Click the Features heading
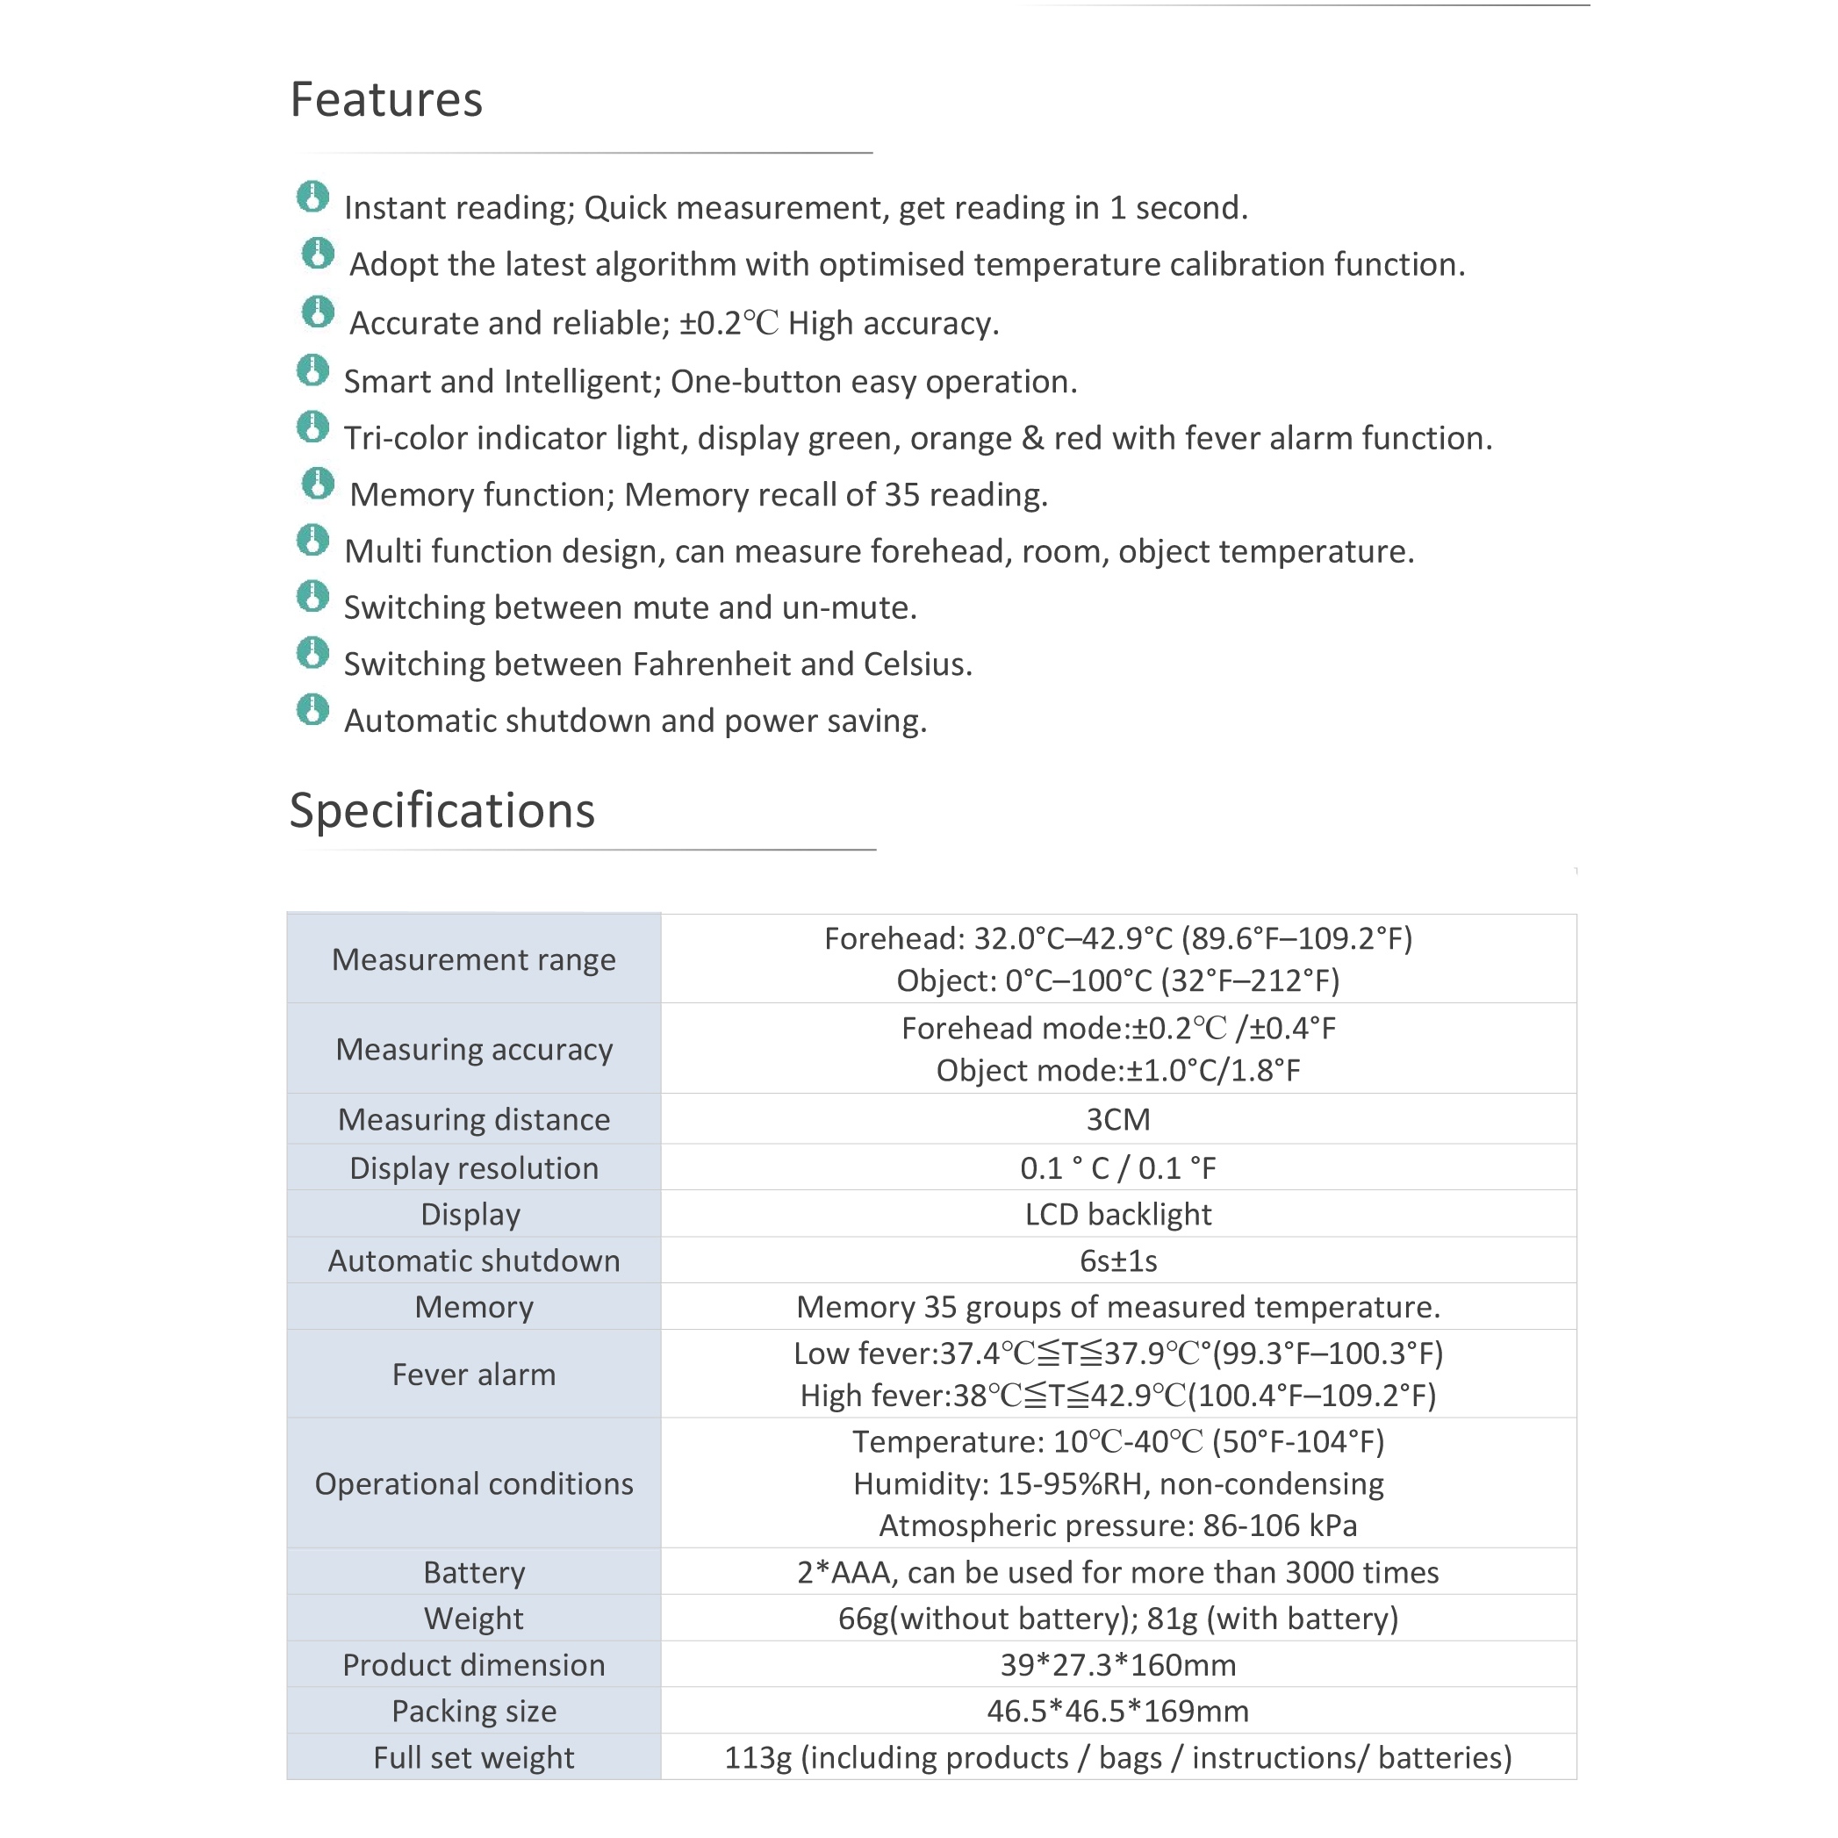pyautogui.click(x=386, y=100)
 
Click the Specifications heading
pyautogui.click(x=442, y=810)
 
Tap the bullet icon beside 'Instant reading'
pyautogui.click(x=312, y=197)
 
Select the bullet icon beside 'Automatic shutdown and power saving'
pyautogui.click(x=312, y=710)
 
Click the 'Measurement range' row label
pyautogui.click(x=474, y=960)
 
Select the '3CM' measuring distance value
pyautogui.click(x=1118, y=1120)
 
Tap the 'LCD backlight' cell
pyautogui.click(x=1118, y=1215)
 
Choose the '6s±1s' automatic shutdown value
pyautogui.click(x=1118, y=1261)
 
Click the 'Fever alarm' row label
pyautogui.click(x=474, y=1375)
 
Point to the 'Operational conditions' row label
pyautogui.click(x=474, y=1484)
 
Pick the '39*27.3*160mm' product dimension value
pyautogui.click(x=1118, y=1666)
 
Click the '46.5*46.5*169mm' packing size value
pyautogui.click(x=1118, y=1712)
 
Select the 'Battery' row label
pyautogui.click(x=474, y=1573)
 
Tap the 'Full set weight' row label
pyautogui.click(x=474, y=1758)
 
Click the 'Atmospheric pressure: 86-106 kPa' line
pyautogui.click(x=1118, y=1526)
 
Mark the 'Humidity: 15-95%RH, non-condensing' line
pyautogui.click(x=1118, y=1484)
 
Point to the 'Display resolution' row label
pyautogui.click(x=474, y=1168)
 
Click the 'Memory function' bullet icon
pyautogui.click(x=318, y=484)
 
